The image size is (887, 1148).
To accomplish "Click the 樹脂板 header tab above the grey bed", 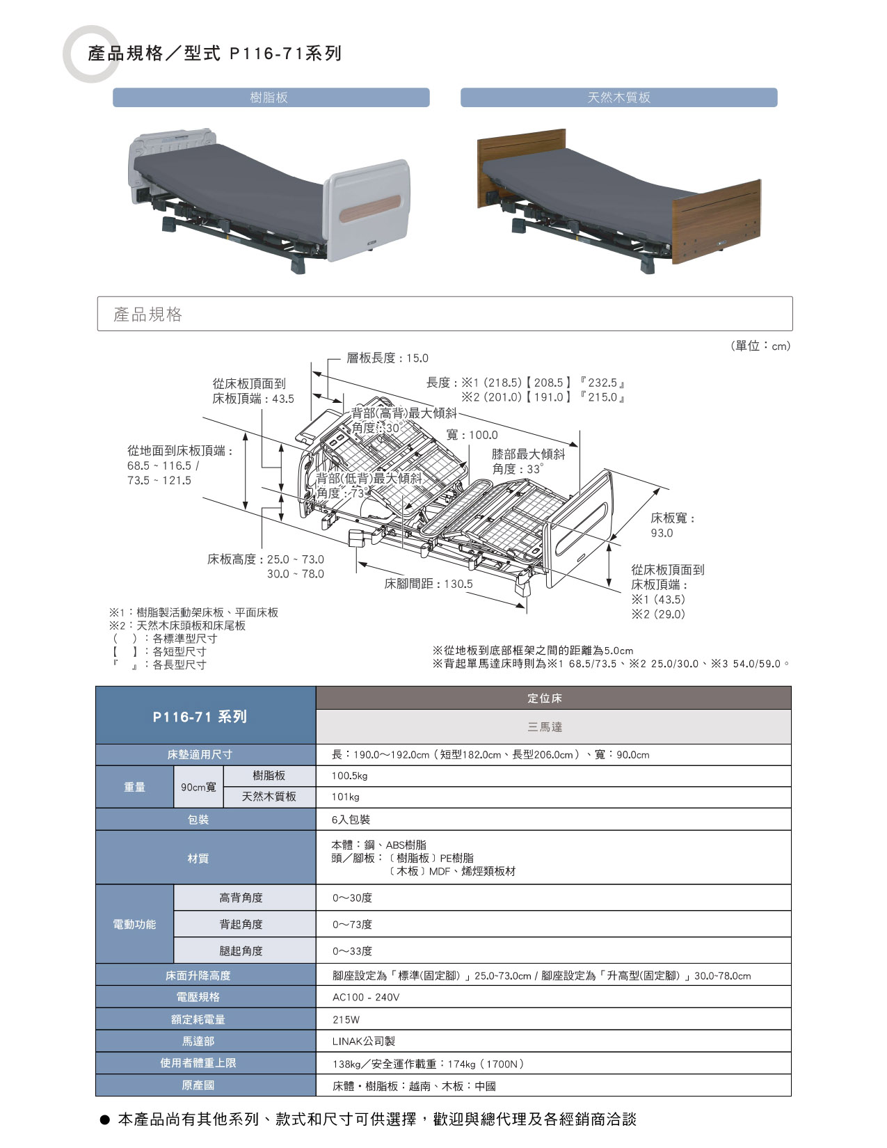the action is (x=271, y=97).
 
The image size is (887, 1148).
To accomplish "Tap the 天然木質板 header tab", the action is (x=618, y=97).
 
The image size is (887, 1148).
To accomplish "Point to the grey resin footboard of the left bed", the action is (x=367, y=209).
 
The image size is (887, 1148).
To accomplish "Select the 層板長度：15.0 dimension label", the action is (x=387, y=358).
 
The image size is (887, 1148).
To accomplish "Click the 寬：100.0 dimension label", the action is (x=472, y=435).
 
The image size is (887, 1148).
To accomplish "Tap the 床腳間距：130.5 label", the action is (x=429, y=584).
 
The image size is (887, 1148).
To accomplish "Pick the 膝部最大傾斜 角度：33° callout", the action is (x=528, y=461).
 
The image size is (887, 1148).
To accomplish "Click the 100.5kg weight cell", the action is (x=349, y=776).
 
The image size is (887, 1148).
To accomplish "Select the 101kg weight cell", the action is (x=345, y=797).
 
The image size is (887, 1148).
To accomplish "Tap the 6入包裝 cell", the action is (x=351, y=820).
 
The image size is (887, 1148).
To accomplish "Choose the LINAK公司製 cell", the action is (x=363, y=1042).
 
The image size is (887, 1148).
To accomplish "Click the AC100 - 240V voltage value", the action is (x=365, y=998).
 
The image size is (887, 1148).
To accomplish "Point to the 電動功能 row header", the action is (x=135, y=924).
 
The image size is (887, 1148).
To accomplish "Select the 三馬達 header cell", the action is (x=545, y=727).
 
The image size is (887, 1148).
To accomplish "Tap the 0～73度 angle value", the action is (x=353, y=924).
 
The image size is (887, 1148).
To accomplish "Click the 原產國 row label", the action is (x=198, y=1085).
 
